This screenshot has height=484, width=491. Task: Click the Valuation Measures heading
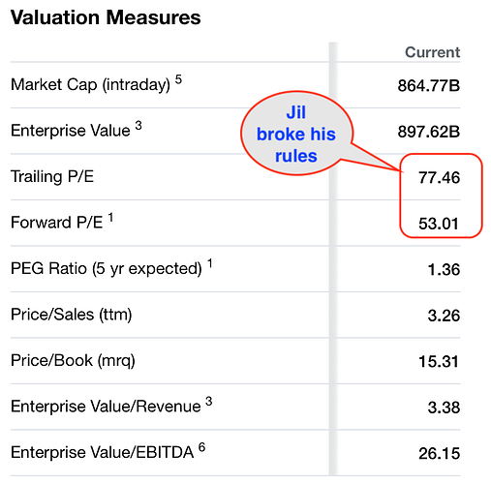point(106,17)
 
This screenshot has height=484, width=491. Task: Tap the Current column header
point(433,52)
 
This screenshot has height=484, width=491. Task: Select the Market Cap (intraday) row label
point(90,85)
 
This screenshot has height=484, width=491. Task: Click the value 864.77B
point(429,86)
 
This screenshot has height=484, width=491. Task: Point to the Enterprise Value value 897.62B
point(429,132)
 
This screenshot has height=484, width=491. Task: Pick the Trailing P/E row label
point(52,177)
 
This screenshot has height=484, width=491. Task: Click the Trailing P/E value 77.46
point(440,178)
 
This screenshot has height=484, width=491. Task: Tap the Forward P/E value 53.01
point(439,224)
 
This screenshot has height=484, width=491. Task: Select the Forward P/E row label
point(56,223)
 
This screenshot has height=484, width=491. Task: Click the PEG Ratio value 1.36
point(444,270)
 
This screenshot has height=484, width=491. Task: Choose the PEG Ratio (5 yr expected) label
point(107,269)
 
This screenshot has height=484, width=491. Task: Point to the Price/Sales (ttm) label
point(72,315)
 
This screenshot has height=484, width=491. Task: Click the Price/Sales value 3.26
point(444,316)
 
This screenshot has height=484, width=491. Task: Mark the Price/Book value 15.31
point(439,362)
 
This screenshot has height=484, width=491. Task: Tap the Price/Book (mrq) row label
point(73,361)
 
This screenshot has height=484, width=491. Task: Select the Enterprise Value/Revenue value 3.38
point(444,408)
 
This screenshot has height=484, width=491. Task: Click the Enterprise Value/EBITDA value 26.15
point(440,454)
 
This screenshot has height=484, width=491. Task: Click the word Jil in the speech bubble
point(296,113)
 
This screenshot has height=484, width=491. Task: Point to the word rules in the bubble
point(296,156)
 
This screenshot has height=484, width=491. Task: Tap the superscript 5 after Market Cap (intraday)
point(178,79)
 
